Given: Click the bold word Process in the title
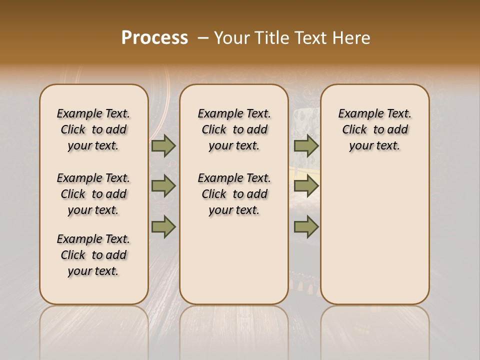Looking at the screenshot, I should [x=154, y=38].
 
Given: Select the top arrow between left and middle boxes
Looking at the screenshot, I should [x=163, y=146].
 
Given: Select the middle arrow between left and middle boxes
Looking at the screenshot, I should [x=163, y=186].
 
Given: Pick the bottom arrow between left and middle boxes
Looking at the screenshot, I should [x=163, y=226].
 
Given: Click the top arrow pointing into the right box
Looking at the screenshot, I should [x=305, y=146].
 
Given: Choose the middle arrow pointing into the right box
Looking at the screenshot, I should [x=305, y=186].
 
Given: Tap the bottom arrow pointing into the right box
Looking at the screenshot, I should [x=305, y=226].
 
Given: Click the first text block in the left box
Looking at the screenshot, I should [x=93, y=129].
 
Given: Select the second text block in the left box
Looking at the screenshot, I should [x=93, y=194].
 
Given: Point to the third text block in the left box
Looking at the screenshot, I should [x=93, y=255].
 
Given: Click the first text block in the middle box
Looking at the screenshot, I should [x=234, y=129].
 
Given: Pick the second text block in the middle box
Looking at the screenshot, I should [x=234, y=194].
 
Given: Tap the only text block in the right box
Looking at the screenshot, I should [x=374, y=129].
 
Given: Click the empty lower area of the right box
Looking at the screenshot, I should [x=374, y=235].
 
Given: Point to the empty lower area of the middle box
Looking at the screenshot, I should [x=234, y=260].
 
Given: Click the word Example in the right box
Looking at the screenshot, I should [x=357, y=114].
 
